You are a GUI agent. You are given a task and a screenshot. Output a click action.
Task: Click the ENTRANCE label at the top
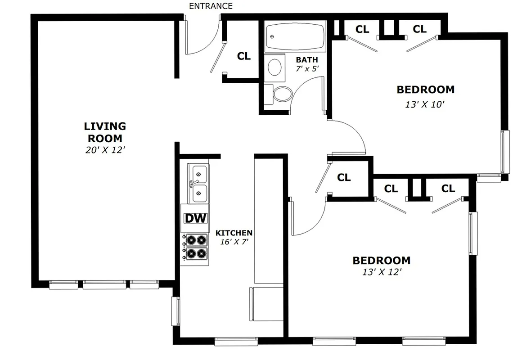pyautogui.click(x=211, y=6)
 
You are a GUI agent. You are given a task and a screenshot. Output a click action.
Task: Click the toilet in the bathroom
pyautogui.click(x=282, y=94)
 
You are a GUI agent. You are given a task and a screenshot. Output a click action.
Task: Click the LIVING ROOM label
pyautogui.click(x=105, y=132)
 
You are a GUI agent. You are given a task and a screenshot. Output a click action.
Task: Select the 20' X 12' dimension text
pyautogui.click(x=105, y=150)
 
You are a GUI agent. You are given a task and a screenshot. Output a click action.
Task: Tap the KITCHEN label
pyautogui.click(x=234, y=233)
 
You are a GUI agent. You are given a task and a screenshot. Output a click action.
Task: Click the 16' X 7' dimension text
pyautogui.click(x=234, y=242)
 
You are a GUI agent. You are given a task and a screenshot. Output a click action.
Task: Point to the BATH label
pyautogui.click(x=307, y=60)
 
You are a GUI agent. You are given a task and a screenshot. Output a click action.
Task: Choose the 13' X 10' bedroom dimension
pyautogui.click(x=425, y=104)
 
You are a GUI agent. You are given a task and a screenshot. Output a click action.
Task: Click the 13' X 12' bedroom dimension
pyautogui.click(x=381, y=272)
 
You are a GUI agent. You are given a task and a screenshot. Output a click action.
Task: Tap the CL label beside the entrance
pyautogui.click(x=243, y=56)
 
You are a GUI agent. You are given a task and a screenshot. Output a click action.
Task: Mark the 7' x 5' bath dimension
pyautogui.click(x=307, y=69)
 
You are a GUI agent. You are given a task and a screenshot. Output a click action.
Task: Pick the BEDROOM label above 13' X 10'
pyautogui.click(x=425, y=90)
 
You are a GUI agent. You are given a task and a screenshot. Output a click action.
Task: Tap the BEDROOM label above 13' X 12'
pyautogui.click(x=381, y=261)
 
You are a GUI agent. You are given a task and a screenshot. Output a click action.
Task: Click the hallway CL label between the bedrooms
pyautogui.click(x=344, y=178)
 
